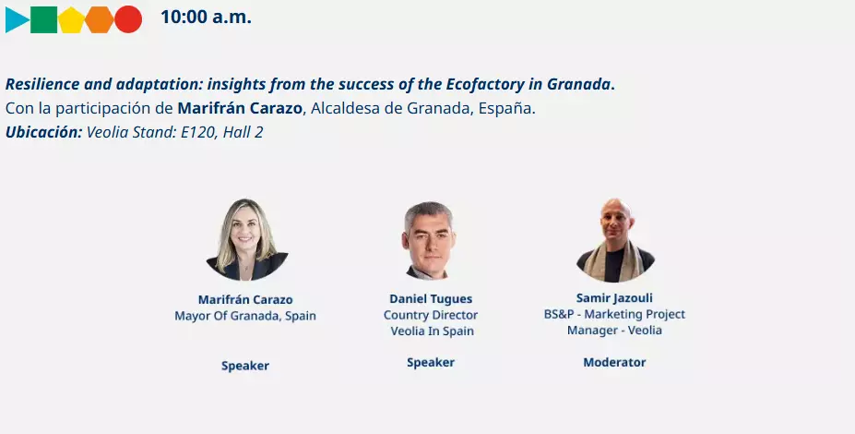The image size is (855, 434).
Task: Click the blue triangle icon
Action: point(16,19)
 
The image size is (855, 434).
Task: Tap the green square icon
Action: point(43,19)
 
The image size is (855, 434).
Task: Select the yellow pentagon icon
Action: point(71,19)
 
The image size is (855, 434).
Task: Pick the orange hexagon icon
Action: point(100,19)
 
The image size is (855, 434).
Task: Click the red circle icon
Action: point(128,19)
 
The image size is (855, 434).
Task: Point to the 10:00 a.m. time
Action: point(206,17)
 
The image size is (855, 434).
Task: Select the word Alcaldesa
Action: point(343,108)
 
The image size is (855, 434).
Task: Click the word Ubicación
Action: point(43,132)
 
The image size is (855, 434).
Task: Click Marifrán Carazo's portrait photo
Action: point(246,240)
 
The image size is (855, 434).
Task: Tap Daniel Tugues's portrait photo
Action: point(429,240)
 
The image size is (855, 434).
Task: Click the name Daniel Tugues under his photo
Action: point(431,299)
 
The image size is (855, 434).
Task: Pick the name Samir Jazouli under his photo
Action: point(614,298)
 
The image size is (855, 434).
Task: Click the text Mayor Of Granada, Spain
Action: point(245,316)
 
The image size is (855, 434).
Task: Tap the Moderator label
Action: point(614,363)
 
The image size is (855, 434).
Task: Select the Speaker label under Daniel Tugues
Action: point(431,363)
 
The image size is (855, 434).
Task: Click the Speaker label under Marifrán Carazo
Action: point(245,366)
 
